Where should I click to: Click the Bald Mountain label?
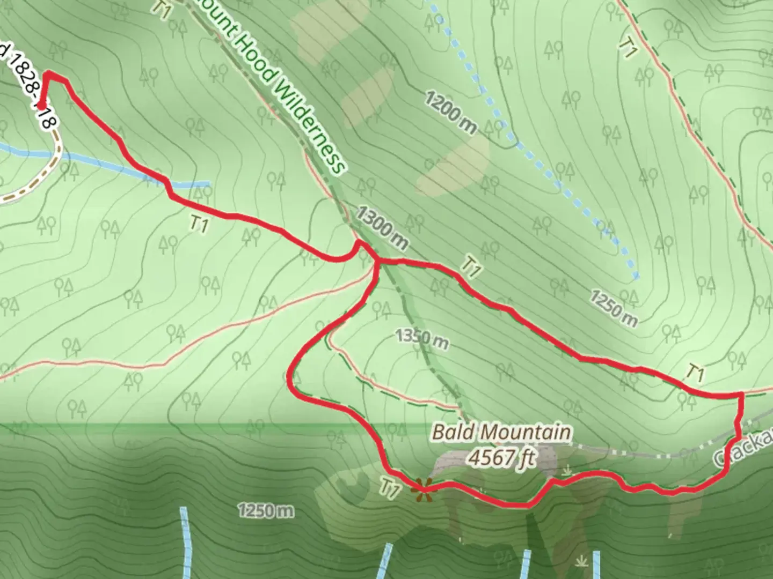click(x=501, y=432)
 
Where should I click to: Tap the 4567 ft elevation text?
click(x=501, y=458)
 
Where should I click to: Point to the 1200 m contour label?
click(x=451, y=112)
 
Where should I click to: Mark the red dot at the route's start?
click(x=41, y=106)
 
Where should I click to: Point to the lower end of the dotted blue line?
click(x=636, y=277)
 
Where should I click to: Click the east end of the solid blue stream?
click(x=207, y=184)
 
